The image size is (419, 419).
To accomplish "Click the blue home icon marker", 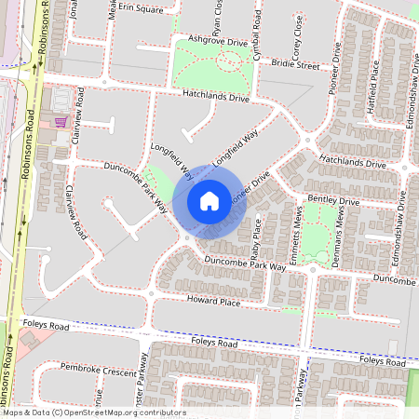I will pos(209,200).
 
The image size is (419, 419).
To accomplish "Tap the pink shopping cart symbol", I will pos(61,121).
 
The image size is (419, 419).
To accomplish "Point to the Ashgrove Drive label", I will pos(218,40).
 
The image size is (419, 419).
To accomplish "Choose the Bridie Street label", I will pos(295,65).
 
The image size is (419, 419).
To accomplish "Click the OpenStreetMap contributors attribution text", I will pos(93,412).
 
